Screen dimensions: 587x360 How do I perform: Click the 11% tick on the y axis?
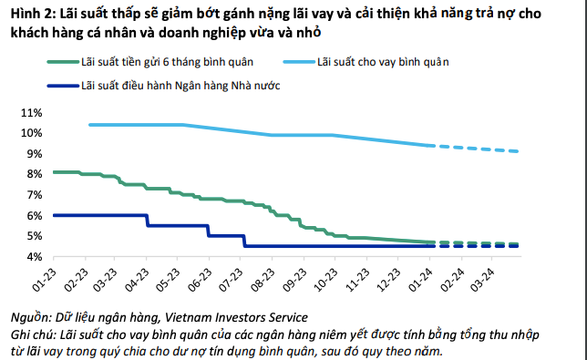click(32, 113)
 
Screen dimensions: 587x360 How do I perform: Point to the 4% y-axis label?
click(34, 257)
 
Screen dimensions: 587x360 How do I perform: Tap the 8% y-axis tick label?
click(34, 174)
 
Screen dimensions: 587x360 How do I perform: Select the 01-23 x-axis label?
click(45, 281)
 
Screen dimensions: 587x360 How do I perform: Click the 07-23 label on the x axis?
click(231, 281)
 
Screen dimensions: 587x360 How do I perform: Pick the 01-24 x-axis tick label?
click(420, 281)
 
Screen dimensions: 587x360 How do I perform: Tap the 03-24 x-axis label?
click(482, 281)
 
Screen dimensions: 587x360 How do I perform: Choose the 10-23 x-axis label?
click(325, 281)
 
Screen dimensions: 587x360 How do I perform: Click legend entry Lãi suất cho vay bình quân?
click(366, 62)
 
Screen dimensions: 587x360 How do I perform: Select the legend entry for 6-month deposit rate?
click(150, 62)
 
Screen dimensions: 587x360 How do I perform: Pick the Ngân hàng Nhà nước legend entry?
click(163, 86)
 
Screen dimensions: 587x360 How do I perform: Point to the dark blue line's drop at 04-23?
click(147, 221)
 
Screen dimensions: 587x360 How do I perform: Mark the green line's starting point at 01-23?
click(55, 172)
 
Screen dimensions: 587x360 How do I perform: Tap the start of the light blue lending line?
click(90, 125)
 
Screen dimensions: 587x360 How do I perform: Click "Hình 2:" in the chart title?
click(34, 14)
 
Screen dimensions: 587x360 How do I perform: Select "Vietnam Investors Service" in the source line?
click(236, 317)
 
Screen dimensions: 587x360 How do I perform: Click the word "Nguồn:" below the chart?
click(31, 317)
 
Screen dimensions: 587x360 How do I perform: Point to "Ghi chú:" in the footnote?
click(34, 334)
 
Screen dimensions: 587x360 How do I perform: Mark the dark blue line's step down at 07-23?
click(244, 241)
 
